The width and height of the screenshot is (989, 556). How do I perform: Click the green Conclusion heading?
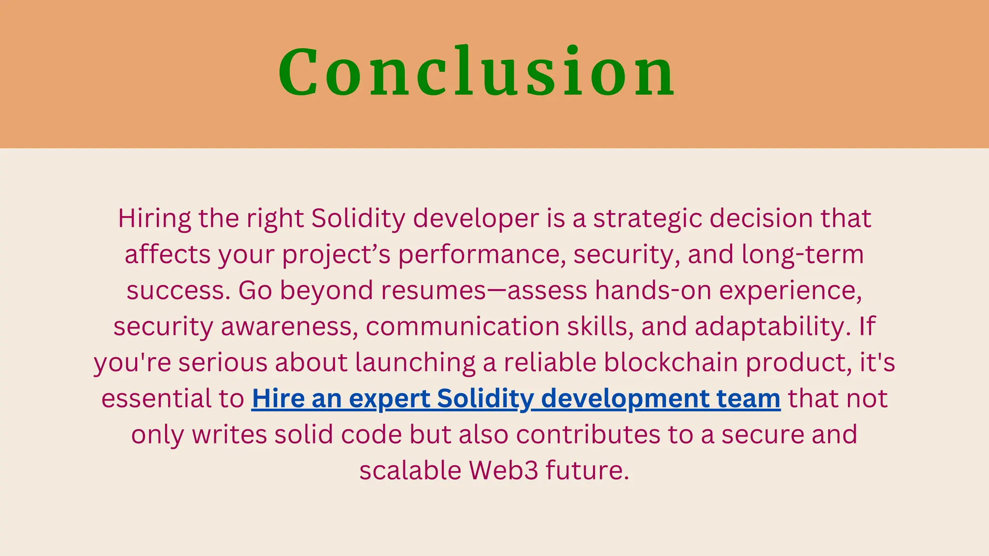[x=477, y=72]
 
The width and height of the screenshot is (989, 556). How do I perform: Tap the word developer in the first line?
[x=476, y=219]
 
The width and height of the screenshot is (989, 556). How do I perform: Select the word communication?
[x=462, y=327]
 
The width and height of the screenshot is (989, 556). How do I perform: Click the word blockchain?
[x=671, y=362]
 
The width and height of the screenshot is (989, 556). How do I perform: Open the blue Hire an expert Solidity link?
[x=516, y=399]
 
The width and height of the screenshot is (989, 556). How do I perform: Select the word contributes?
[x=588, y=435]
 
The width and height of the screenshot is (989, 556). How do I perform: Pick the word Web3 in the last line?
[x=503, y=471]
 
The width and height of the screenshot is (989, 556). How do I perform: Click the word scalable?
[x=410, y=471]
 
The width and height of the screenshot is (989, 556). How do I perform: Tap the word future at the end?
[x=587, y=471]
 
